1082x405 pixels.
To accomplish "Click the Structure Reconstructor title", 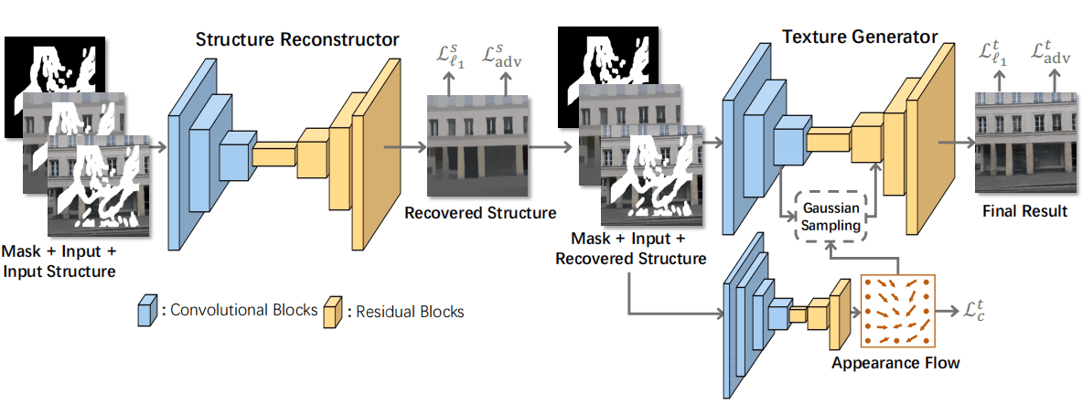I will tap(297, 40).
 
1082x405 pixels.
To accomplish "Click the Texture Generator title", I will tap(860, 37).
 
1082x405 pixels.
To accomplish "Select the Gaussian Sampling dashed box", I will tap(830, 216).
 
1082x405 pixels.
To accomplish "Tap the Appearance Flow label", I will tap(895, 363).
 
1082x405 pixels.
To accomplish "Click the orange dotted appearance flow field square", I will tap(896, 311).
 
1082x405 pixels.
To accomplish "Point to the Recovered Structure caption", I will tap(479, 213).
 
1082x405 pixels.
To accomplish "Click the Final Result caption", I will tap(1024, 211).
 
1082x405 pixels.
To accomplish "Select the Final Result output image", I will tap(1022, 142).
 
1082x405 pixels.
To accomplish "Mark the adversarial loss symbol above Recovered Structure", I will tap(509, 57).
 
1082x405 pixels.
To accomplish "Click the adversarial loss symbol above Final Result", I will tap(1052, 57).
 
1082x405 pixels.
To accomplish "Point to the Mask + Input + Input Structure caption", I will tap(60, 260).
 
